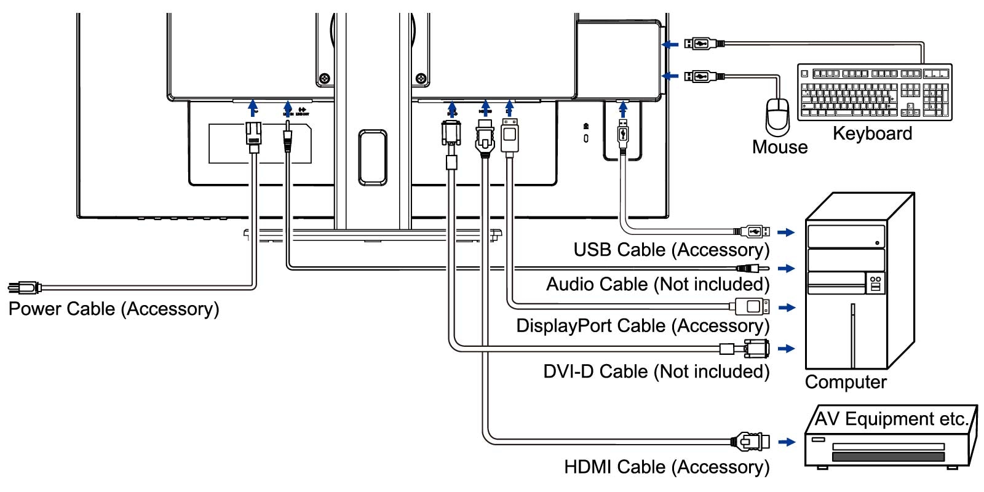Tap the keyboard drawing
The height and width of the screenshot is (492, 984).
coord(875,92)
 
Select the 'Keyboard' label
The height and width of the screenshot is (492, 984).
coord(872,133)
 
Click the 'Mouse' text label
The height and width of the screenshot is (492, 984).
coord(780,147)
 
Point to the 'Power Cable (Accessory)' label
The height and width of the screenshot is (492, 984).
coord(114,309)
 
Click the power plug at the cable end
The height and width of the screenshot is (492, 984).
coord(23,287)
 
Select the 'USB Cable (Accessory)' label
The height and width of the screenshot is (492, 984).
coord(671,250)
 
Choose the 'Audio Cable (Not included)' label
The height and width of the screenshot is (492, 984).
coord(657,284)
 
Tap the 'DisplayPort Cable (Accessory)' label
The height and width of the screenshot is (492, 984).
coord(643,325)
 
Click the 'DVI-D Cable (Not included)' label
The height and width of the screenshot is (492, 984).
coord(656,371)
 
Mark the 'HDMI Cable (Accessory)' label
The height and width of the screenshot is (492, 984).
coord(667,467)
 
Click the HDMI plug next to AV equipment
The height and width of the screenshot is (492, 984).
coord(750,442)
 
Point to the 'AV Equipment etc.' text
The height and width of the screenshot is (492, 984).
coord(891,419)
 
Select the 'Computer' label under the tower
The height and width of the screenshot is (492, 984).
coord(846,382)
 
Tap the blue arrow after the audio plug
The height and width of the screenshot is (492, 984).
coord(786,269)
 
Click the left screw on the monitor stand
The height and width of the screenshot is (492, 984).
coord(324,78)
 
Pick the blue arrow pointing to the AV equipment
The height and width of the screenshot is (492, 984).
coord(787,442)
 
